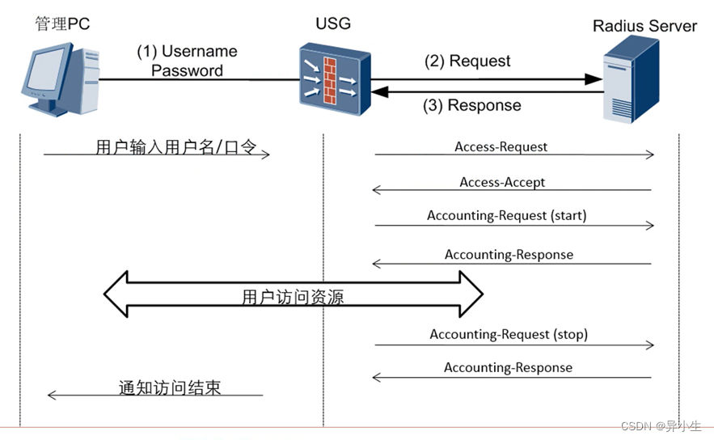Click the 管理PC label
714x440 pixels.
point(61,23)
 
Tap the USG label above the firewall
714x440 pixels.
point(332,23)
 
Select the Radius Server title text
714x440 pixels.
point(644,26)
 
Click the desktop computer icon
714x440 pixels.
point(59,80)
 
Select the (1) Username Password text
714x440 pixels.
point(187,61)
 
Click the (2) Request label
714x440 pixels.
point(468,61)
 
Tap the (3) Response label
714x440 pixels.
point(472,105)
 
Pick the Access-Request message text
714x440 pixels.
point(501,147)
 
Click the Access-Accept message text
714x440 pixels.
point(502,182)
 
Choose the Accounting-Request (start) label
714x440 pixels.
point(506,216)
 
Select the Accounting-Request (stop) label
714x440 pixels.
point(509,334)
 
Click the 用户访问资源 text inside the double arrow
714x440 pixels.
point(293,297)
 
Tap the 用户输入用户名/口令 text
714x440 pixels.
point(175,147)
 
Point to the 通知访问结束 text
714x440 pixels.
point(169,387)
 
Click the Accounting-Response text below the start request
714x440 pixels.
point(509,255)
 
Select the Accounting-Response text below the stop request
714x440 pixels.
point(508,368)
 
